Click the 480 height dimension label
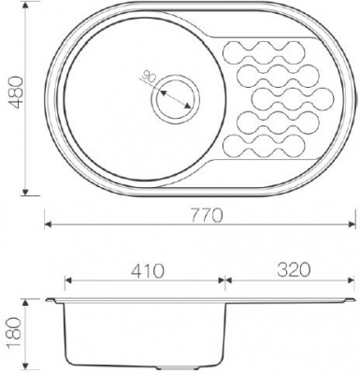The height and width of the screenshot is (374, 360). coord(15,93)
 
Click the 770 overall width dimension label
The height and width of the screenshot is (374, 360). coord(207,215)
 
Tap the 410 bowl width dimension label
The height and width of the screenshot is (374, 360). coord(147,270)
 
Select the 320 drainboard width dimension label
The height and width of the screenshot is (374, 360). coord(294,269)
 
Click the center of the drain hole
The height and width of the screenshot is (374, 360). coord(175,99)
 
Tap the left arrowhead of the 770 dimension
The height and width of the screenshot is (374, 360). coord(48,224)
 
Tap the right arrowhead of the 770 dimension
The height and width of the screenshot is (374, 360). coord(352,224)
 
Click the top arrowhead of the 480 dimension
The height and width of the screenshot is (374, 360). coord(25,7)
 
